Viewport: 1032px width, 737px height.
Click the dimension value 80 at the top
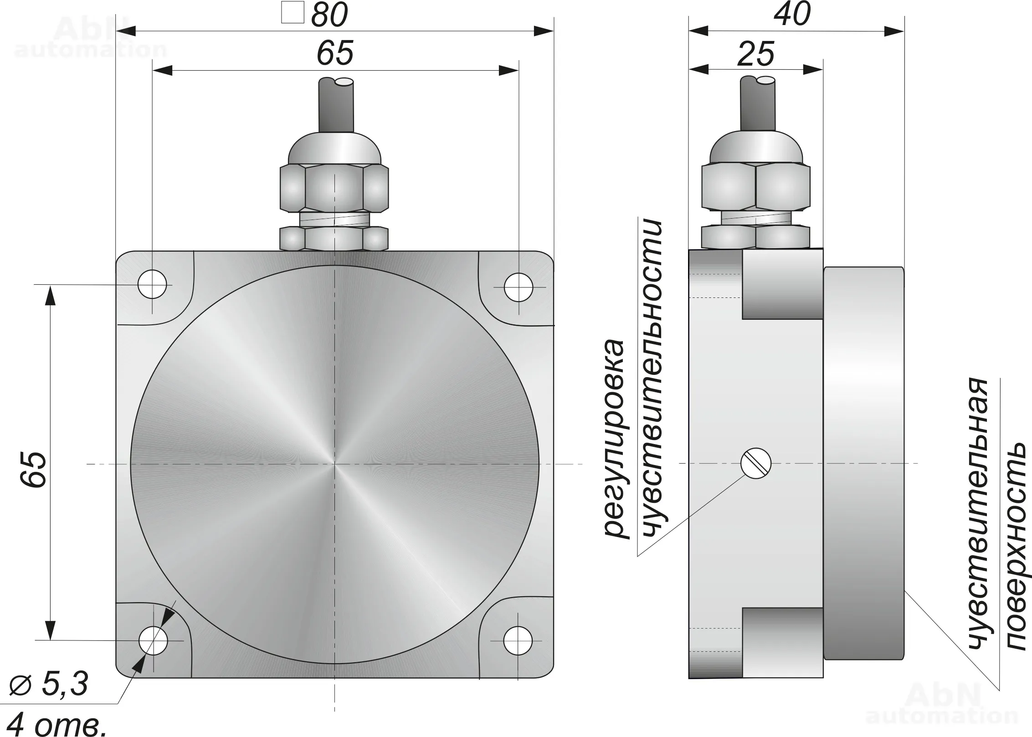[329, 15]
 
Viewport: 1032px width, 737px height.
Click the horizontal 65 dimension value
[335, 53]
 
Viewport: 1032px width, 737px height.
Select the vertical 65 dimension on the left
[34, 470]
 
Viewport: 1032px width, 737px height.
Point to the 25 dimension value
[756, 54]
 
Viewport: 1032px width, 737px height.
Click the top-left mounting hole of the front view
[152, 285]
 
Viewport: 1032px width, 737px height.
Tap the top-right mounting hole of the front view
[519, 287]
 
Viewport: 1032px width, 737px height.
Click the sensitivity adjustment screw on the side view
[755, 463]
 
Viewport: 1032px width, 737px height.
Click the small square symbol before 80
[293, 13]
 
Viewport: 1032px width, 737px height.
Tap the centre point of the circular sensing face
[335, 464]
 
